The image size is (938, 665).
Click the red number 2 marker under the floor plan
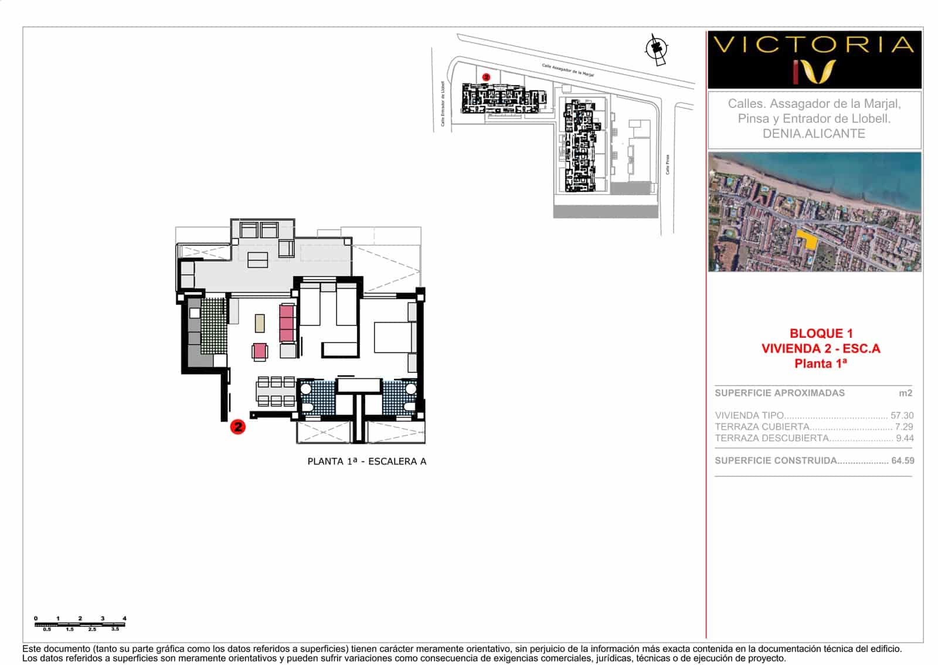tap(237, 427)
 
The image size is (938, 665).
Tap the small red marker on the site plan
tap(485, 77)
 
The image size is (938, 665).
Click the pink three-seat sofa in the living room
tap(287, 323)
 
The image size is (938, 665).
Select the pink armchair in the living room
tap(259, 352)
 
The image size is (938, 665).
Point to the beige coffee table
tap(260, 323)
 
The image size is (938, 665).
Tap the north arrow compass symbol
tap(657, 48)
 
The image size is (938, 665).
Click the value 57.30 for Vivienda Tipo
tap(902, 415)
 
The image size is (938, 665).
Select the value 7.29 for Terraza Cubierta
tap(903, 427)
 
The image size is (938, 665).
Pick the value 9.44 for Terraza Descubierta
tap(904, 438)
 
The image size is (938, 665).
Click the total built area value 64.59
tap(902, 461)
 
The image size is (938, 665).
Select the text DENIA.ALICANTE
tap(814, 134)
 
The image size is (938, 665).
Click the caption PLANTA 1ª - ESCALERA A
tap(366, 462)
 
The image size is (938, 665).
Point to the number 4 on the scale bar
tap(124, 618)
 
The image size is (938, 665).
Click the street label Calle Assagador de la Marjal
tap(567, 70)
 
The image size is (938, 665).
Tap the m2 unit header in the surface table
tap(905, 393)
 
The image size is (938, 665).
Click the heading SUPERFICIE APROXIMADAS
tap(779, 393)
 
